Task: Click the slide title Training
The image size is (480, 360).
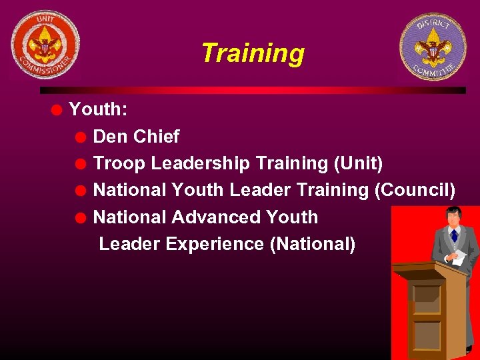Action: tap(252, 53)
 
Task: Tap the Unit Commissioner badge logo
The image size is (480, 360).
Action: tap(45, 45)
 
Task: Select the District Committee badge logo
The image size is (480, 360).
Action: tap(433, 47)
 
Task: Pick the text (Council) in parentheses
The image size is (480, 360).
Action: tap(415, 190)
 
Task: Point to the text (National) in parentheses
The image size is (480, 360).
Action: tap(312, 244)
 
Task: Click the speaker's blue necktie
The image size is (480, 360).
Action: tap(454, 235)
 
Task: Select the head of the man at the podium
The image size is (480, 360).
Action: tap(453, 215)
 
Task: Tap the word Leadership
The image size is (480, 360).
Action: tap(201, 163)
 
